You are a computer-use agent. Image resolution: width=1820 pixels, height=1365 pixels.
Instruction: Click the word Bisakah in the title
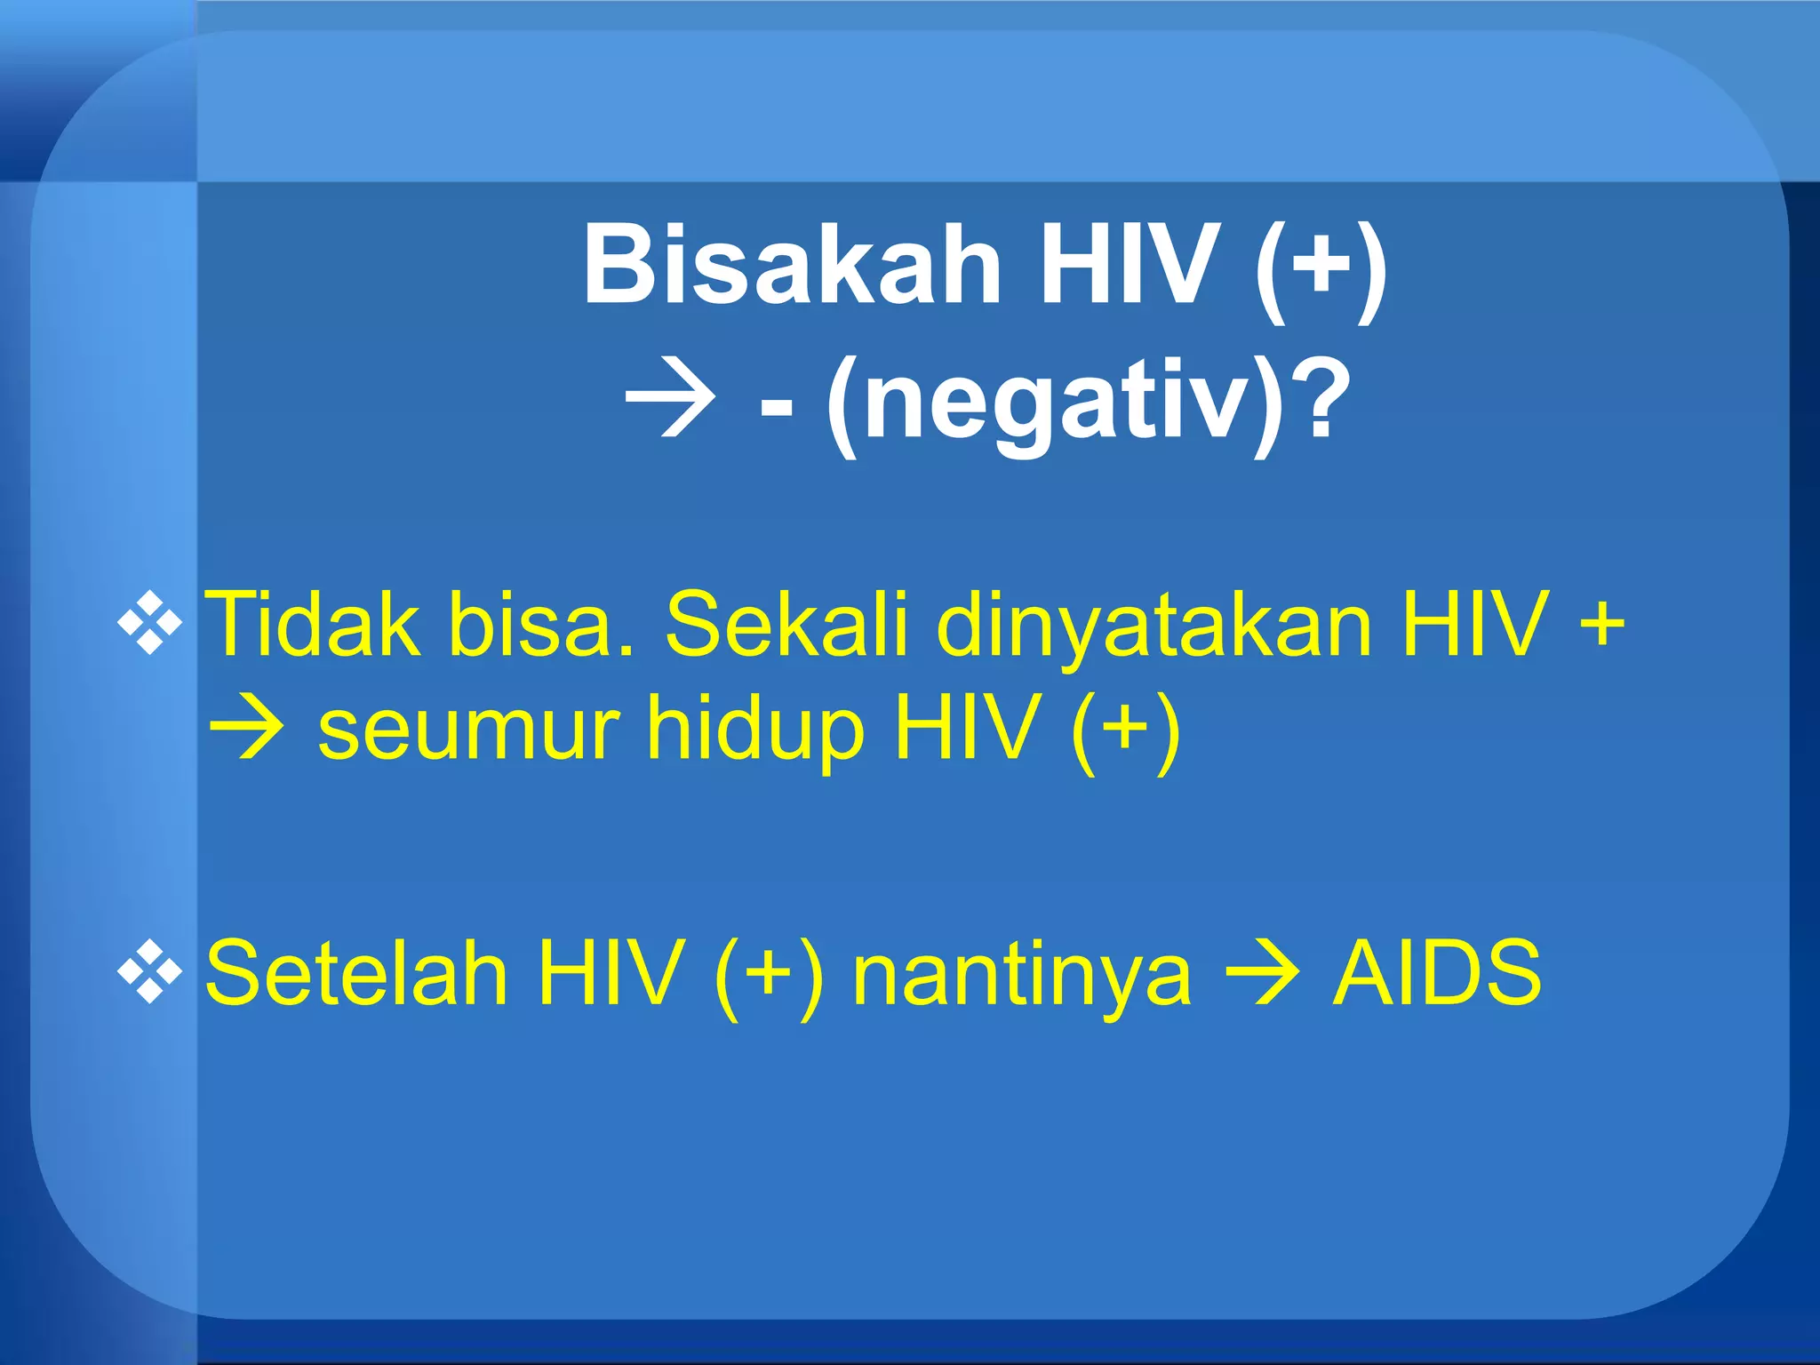pyautogui.click(x=791, y=265)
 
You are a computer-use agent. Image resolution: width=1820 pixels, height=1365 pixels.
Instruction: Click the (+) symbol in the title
pyautogui.click(x=1321, y=265)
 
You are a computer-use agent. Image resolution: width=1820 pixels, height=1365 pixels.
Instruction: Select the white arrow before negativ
pyautogui.click(x=671, y=404)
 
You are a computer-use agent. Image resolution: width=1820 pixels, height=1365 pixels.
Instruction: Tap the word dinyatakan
pyautogui.click(x=1154, y=627)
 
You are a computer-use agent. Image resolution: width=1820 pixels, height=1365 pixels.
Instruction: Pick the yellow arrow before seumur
pyautogui.click(x=247, y=730)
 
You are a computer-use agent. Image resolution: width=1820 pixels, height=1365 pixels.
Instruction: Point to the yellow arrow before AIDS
pyautogui.click(x=1262, y=973)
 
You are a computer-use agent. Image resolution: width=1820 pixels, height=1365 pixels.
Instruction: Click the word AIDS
pyautogui.click(x=1437, y=973)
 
